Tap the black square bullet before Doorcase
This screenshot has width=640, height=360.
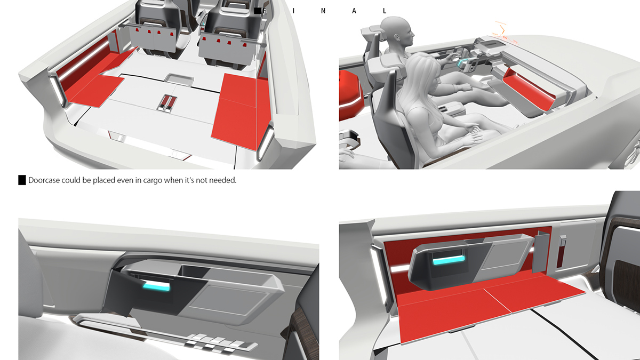pyautogui.click(x=22, y=180)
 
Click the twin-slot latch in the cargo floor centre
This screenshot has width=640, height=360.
pyautogui.click(x=168, y=103)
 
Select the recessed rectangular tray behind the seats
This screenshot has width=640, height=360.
pyautogui.click(x=179, y=79)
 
